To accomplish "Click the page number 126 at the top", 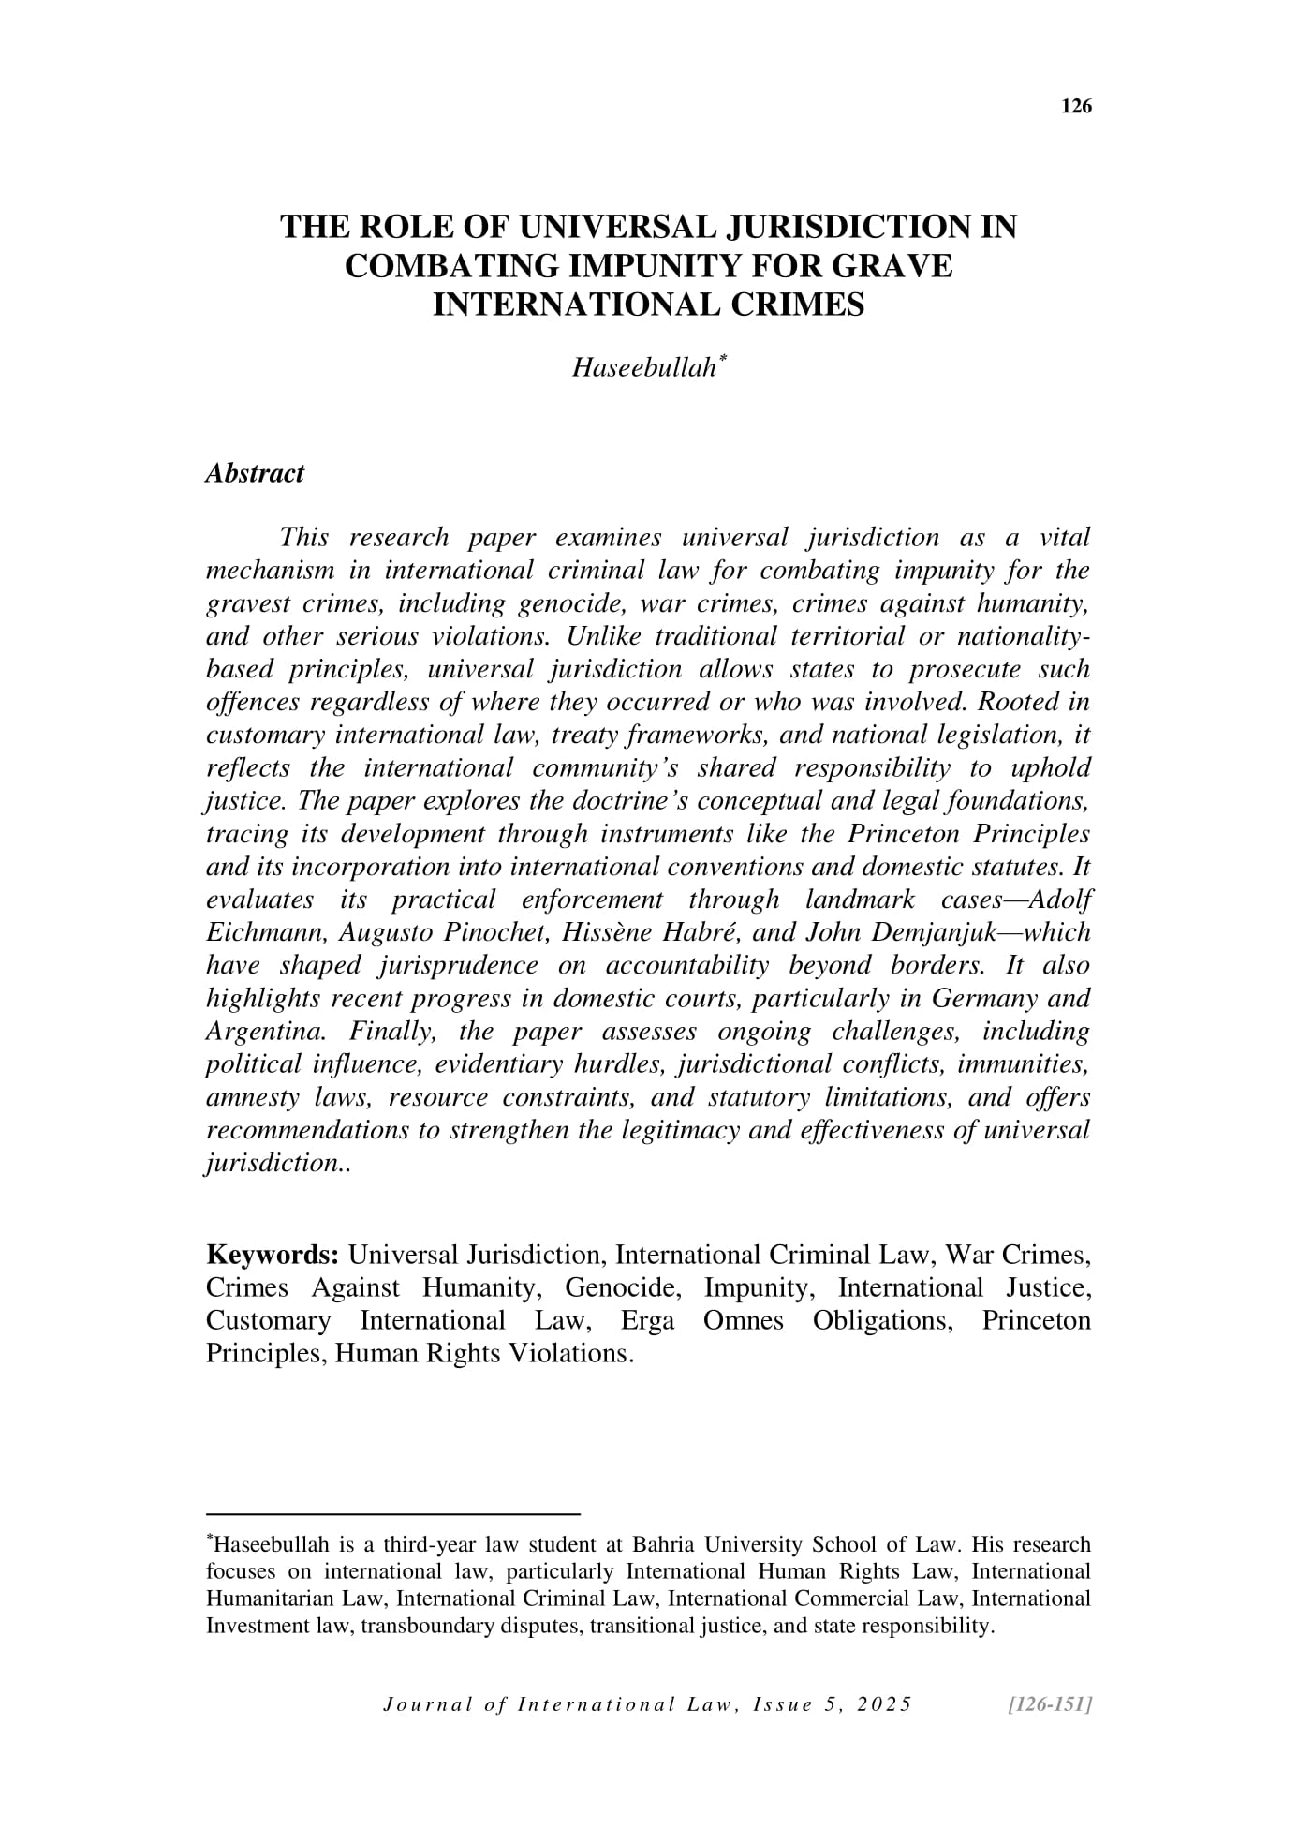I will (x=1076, y=107).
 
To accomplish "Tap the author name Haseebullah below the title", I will (x=644, y=368).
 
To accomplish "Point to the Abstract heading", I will (x=255, y=473).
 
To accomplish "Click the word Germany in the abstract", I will (x=989, y=999).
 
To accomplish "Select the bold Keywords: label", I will (x=273, y=1255).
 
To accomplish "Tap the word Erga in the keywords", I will (x=647, y=1321).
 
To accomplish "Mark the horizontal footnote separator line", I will (x=393, y=1513).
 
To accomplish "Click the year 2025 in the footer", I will (x=884, y=1704).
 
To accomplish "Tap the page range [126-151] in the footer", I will (x=1047, y=1704).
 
